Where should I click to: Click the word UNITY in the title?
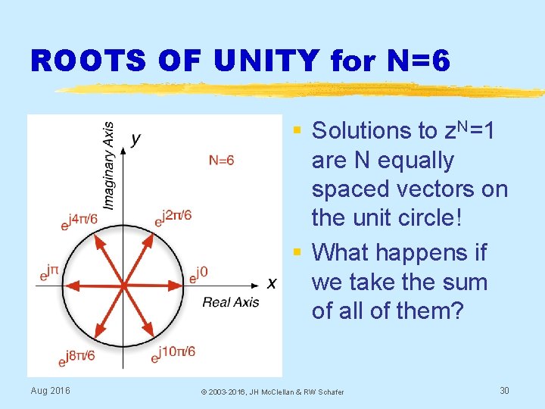pyautogui.click(x=266, y=61)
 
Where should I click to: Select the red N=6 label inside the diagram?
pyautogui.click(x=222, y=160)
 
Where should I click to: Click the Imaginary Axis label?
pyautogui.click(x=108, y=164)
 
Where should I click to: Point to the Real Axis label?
pyautogui.click(x=230, y=302)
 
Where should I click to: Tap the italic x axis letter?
pyautogui.click(x=271, y=283)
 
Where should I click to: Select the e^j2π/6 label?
pyautogui.click(x=173, y=217)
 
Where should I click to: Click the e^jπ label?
pyautogui.click(x=50, y=273)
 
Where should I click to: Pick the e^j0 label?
pyautogui.click(x=198, y=273)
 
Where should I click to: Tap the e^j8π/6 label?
pyautogui.click(x=76, y=356)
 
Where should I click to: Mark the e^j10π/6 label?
pyautogui.click(x=175, y=352)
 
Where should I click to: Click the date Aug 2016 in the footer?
pyautogui.click(x=51, y=390)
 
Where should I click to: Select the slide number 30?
pyautogui.click(x=506, y=390)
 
